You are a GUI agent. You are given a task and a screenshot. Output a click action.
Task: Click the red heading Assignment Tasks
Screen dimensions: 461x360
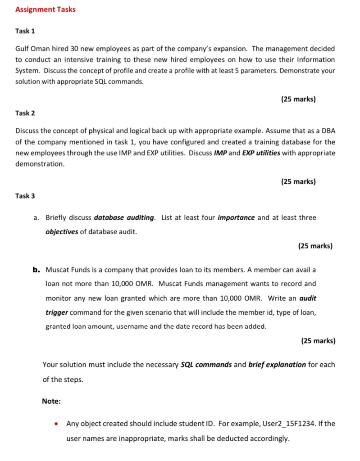pos(46,9)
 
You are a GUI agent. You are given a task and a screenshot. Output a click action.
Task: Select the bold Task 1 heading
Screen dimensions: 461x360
pos(25,31)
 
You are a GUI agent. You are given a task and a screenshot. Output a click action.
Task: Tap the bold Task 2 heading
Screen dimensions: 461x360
pos(25,113)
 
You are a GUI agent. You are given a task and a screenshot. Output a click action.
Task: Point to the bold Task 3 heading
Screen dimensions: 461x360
pos(25,196)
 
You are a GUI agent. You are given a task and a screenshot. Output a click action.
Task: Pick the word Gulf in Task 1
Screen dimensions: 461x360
pos(23,49)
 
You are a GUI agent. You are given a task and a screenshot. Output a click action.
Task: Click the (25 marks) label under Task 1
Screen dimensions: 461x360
pos(298,99)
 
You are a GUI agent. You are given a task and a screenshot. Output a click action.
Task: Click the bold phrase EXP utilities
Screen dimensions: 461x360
pos(261,153)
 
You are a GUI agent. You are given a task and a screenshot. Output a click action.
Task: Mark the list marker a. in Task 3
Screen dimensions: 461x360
pos(36,218)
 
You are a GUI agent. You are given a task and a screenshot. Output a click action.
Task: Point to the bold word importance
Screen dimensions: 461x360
pos(236,218)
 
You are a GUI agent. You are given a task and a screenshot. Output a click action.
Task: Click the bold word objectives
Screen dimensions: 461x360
pos(62,232)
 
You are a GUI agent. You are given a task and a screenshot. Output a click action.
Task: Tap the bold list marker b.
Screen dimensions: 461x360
pos(36,270)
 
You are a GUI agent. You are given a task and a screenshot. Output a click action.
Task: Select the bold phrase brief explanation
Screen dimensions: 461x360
pos(277,365)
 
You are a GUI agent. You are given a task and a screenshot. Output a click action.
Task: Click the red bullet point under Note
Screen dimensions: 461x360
pos(56,424)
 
